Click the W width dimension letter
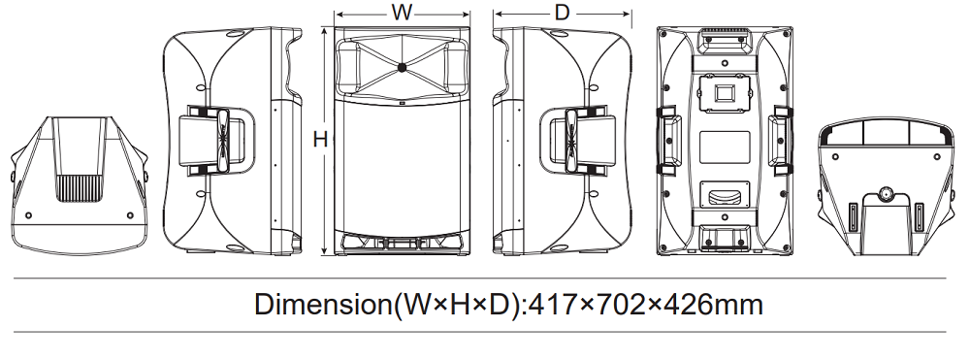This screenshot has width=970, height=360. tap(402, 13)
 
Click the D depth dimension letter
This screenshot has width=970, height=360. tap(562, 13)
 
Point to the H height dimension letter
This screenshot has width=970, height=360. tap(320, 140)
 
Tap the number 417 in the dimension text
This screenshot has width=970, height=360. tap(554, 305)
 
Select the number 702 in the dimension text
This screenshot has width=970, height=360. tap(619, 305)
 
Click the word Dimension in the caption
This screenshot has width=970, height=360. tap(324, 305)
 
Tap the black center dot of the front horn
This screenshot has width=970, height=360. tap(403, 67)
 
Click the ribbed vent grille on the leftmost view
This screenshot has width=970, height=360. tap(81, 188)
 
